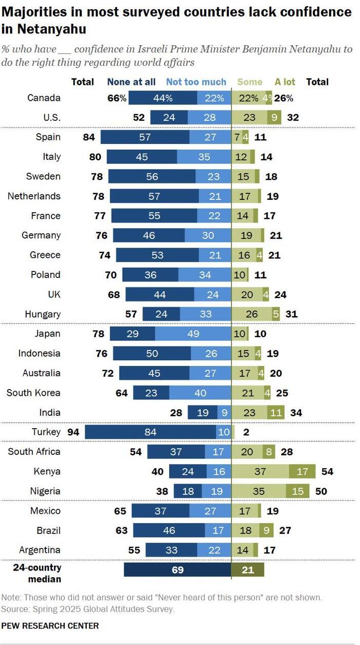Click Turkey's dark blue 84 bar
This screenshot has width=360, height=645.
click(150, 432)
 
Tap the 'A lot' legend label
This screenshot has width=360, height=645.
click(285, 82)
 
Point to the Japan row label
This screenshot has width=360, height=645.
click(47, 334)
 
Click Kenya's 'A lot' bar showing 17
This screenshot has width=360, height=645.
click(299, 471)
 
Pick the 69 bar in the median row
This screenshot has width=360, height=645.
click(177, 570)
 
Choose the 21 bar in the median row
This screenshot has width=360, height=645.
click(247, 570)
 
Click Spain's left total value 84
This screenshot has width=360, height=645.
click(91, 137)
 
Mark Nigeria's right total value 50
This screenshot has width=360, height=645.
click(321, 491)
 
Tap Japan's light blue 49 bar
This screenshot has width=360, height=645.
click(193, 334)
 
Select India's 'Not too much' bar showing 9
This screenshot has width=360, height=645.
click(224, 412)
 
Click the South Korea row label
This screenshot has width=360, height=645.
click(33, 393)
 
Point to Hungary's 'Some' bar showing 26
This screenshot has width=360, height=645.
click(252, 314)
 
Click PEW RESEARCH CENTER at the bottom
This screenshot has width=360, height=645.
click(50, 625)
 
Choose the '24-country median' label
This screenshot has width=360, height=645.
click(39, 573)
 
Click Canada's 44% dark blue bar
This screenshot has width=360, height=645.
click(163, 98)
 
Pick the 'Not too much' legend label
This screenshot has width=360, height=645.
click(196, 82)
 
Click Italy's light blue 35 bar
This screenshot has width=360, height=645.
click(204, 157)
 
